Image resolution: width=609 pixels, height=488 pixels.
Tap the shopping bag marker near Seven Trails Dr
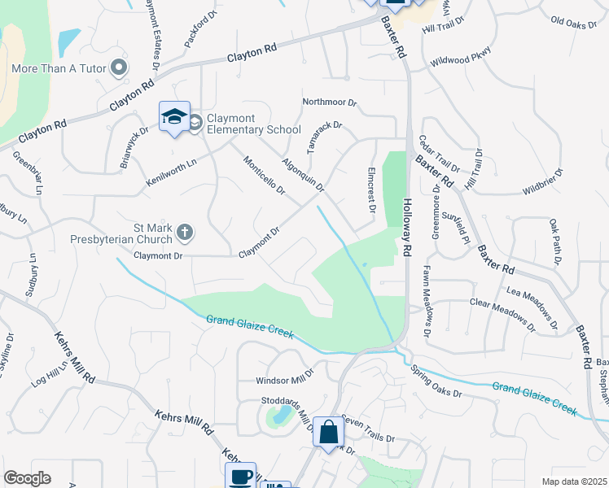pos(329,434)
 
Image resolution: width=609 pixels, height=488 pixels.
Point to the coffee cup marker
pos(241,477)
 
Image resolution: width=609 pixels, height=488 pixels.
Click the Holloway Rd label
pos(408,225)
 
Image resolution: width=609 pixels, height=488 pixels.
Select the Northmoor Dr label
pos(330,102)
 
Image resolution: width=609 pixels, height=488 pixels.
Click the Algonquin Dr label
pos(304,174)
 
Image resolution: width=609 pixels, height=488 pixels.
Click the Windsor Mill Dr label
pos(284,380)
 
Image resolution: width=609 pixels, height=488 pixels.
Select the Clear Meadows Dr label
pos(502,313)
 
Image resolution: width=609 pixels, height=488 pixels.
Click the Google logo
pos(27,478)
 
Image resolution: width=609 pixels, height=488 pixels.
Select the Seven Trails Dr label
pos(367,428)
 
